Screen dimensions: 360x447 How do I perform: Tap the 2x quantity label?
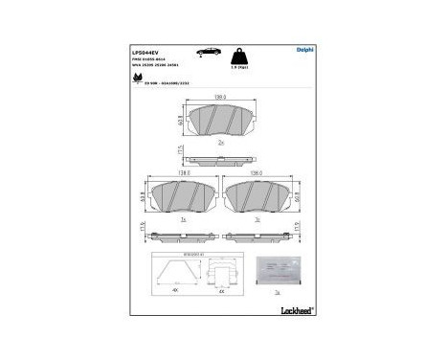coord(222,143)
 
